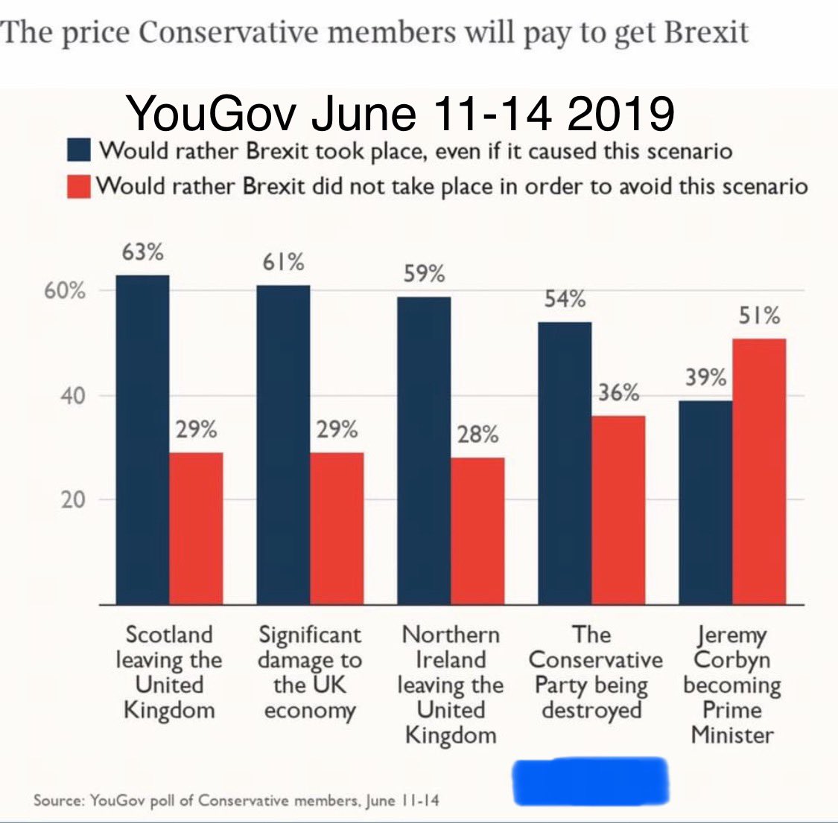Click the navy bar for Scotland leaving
click(142, 439)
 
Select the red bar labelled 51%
click(759, 470)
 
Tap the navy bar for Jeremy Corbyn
click(705, 502)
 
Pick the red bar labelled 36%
click(618, 510)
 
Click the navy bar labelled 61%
click(283, 444)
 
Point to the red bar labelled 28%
click(477, 531)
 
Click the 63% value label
click(142, 252)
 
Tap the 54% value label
click(564, 299)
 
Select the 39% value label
click(705, 378)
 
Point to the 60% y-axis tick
click(65, 291)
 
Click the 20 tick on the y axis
click(73, 500)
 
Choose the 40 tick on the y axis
click(73, 396)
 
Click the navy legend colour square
click(79, 150)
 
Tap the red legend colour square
click(79, 184)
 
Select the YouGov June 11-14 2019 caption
click(401, 114)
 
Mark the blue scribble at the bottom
click(591, 781)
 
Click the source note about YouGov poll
click(236, 801)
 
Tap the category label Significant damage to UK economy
click(309, 672)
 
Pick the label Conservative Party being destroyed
click(594, 672)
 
